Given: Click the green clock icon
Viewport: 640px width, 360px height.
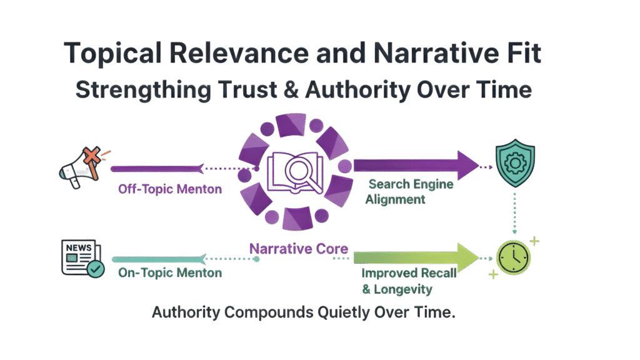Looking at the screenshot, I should click(x=514, y=257).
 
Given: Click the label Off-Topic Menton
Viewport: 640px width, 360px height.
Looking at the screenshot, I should click(x=170, y=188).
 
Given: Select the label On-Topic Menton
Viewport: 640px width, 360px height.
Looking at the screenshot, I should click(x=170, y=272).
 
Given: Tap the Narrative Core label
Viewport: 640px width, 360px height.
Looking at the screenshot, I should click(x=299, y=249).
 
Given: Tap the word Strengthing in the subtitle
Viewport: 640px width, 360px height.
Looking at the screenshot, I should click(x=131, y=89).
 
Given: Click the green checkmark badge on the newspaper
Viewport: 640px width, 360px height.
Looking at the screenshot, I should click(x=96, y=269).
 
